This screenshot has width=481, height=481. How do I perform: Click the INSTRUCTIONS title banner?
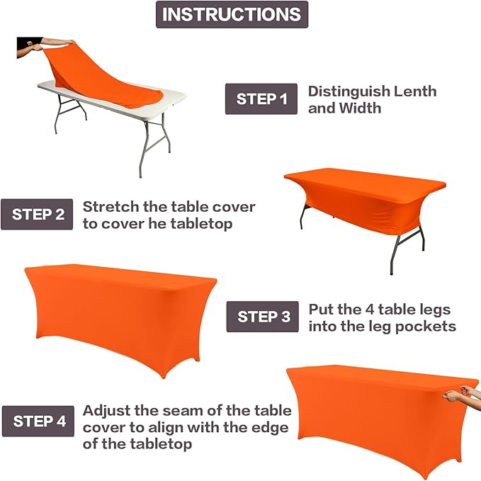[x=232, y=14]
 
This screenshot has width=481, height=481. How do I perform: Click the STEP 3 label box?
[x=263, y=317]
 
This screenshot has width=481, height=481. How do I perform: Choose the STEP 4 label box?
[x=39, y=421]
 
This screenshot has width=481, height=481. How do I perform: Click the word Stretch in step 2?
[x=109, y=207]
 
